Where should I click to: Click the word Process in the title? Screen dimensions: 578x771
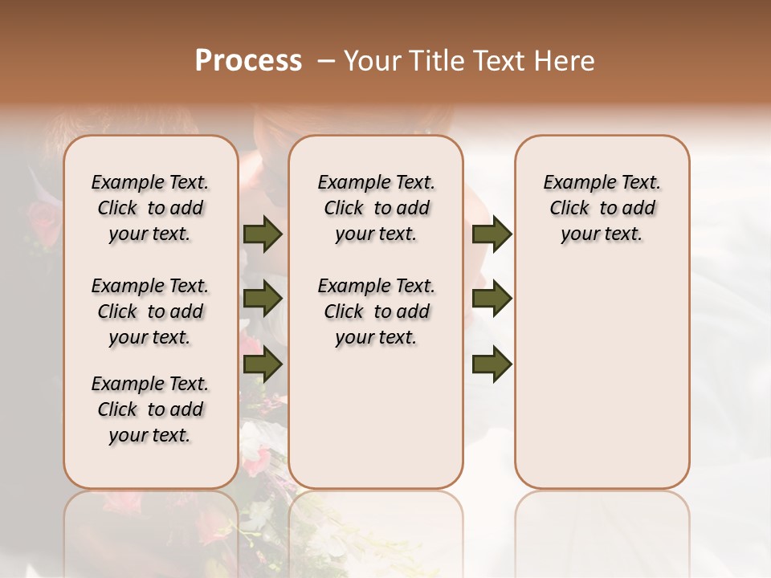click(x=248, y=60)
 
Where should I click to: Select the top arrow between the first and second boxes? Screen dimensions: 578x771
click(x=263, y=234)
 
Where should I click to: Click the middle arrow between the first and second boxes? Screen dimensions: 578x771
click(x=263, y=299)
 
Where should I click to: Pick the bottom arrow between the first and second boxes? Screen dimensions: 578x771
click(x=263, y=364)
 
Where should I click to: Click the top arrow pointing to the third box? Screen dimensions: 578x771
click(x=492, y=234)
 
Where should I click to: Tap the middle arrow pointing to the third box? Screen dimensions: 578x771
click(x=492, y=299)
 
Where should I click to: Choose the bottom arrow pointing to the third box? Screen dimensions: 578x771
click(x=492, y=364)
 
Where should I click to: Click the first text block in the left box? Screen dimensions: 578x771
click(x=150, y=208)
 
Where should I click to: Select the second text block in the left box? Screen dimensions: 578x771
click(x=150, y=311)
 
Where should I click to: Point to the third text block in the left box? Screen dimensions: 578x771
click(x=150, y=409)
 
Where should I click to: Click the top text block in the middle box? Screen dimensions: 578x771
click(x=376, y=208)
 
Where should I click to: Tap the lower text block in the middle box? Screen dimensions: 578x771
click(x=376, y=311)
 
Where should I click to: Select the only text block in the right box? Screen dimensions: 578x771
click(x=602, y=208)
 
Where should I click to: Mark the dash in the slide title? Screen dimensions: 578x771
click(x=324, y=61)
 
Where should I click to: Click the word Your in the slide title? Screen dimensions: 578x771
click(x=369, y=61)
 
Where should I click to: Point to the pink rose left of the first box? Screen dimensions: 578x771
click(x=42, y=217)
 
